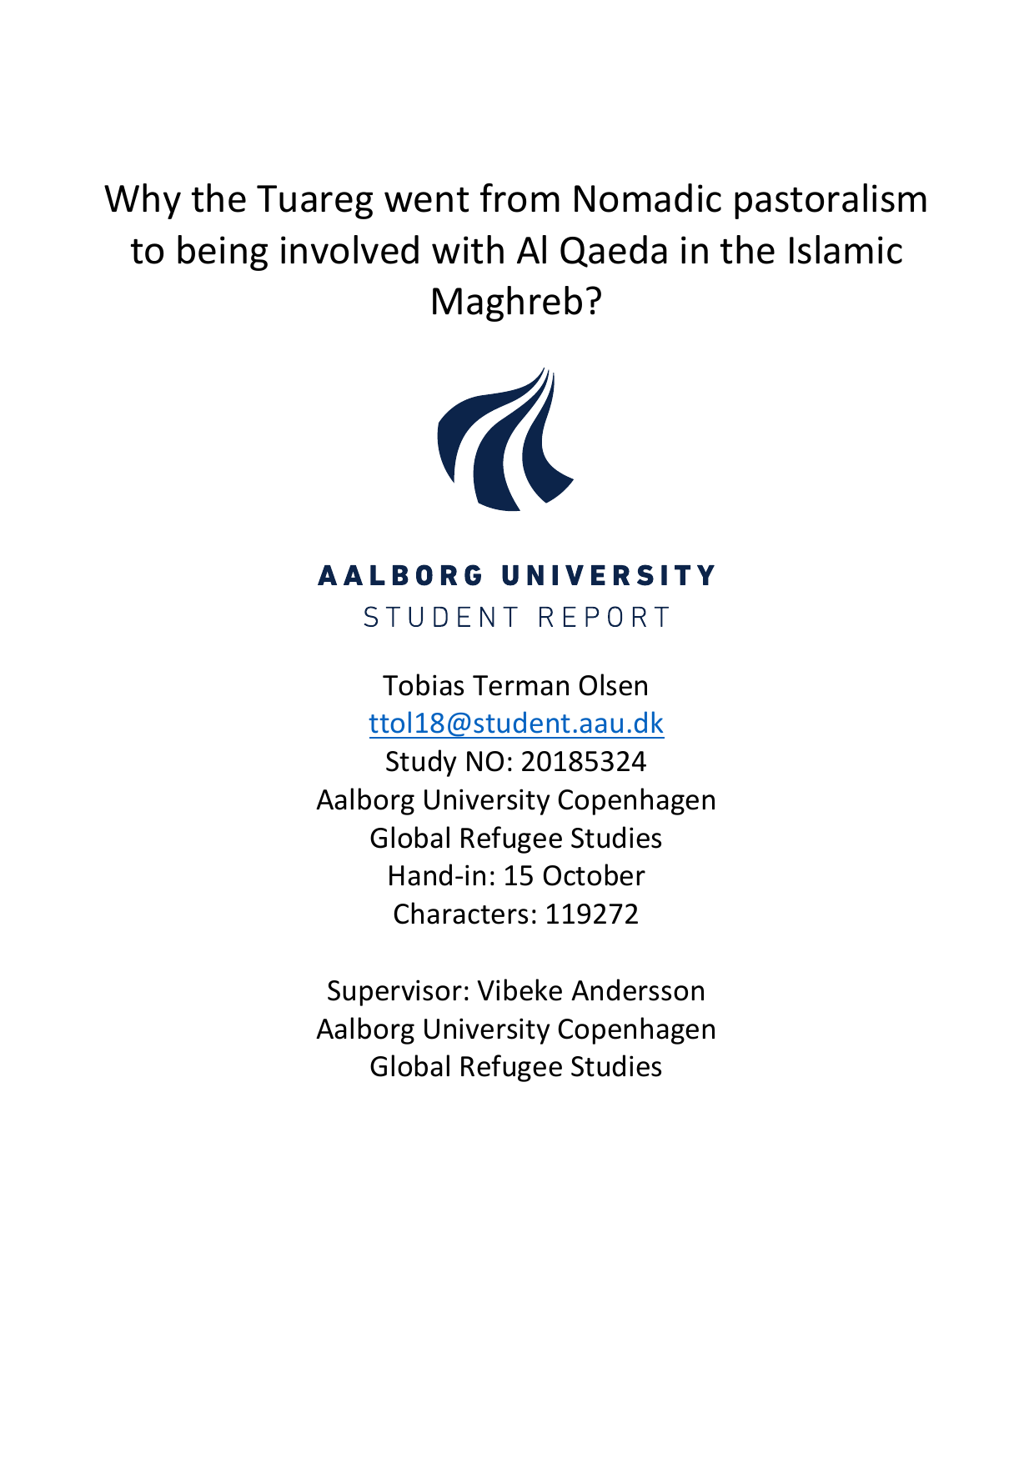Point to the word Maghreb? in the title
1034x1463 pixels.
coord(515,302)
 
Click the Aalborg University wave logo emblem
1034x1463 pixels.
coord(505,439)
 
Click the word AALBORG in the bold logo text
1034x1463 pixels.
coord(401,576)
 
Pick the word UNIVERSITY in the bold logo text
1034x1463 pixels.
coord(608,576)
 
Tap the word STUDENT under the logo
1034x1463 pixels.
coord(442,618)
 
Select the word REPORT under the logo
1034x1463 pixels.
coord(604,618)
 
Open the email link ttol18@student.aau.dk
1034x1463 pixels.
coord(516,724)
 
